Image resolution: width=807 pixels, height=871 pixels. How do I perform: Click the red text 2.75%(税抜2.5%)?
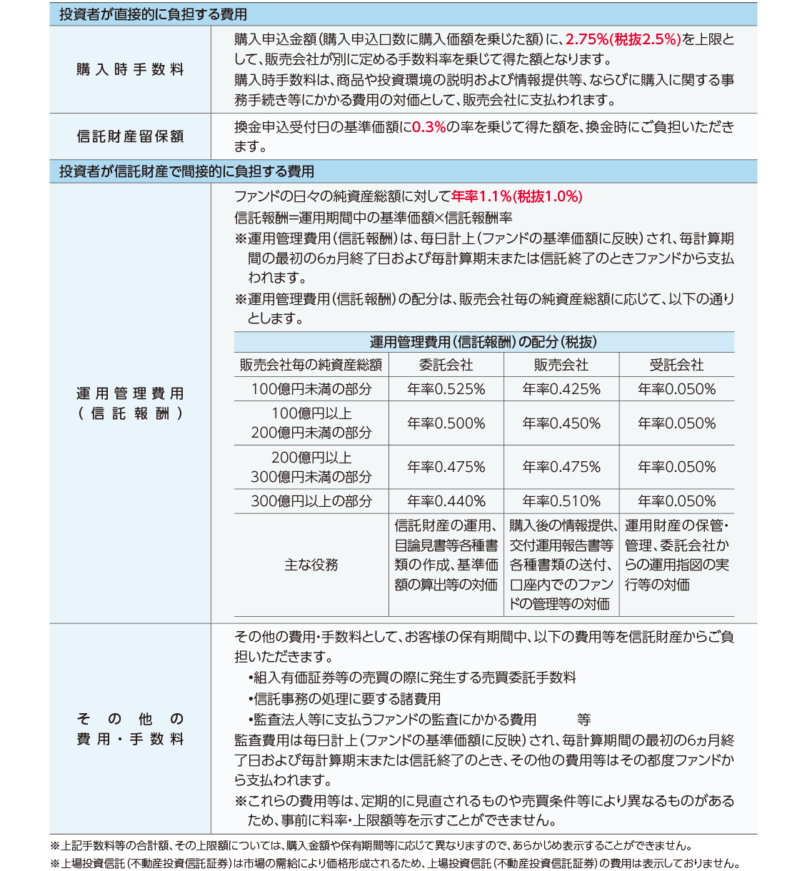(x=623, y=39)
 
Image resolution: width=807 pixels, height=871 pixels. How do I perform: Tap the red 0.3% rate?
(x=428, y=127)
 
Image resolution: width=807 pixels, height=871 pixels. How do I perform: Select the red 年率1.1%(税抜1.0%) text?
(x=517, y=196)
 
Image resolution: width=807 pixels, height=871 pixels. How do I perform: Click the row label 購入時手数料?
(x=130, y=69)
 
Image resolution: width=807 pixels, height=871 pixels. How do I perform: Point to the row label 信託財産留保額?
(x=130, y=136)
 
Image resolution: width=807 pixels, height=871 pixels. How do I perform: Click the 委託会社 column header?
(x=446, y=365)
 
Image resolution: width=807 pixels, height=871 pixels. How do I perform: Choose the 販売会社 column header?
(x=561, y=365)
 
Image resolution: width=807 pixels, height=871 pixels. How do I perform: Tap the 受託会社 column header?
(x=676, y=365)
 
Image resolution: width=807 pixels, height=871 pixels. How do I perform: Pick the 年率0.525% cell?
(x=446, y=389)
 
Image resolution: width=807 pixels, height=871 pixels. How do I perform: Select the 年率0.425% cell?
(x=561, y=389)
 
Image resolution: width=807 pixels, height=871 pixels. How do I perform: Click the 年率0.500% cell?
(x=446, y=423)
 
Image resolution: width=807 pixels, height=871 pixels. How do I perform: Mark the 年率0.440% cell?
(x=446, y=501)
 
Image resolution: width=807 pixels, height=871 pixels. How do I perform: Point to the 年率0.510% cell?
(x=561, y=501)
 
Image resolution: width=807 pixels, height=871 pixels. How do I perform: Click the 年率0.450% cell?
(x=561, y=423)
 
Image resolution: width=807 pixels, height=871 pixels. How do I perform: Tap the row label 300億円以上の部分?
(x=311, y=501)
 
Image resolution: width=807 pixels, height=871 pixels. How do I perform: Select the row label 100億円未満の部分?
(x=311, y=389)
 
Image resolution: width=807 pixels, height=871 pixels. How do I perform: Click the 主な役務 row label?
(x=311, y=565)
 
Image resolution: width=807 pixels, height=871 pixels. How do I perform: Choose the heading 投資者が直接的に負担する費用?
(x=153, y=14)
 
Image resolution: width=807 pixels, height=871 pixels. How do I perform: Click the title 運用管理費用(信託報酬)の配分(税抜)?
(x=483, y=342)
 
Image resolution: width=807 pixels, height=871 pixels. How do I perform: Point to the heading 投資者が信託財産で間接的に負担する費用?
(x=186, y=171)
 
